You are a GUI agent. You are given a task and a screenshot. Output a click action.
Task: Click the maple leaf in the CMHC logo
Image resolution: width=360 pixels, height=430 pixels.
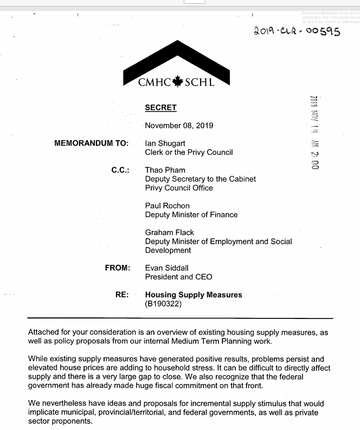pyautogui.click(x=177, y=82)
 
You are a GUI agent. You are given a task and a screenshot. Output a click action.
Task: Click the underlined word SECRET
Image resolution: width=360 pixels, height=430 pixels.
pyautogui.click(x=161, y=107)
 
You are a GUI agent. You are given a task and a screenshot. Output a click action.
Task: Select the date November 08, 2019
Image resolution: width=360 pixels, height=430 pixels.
pyautogui.click(x=179, y=126)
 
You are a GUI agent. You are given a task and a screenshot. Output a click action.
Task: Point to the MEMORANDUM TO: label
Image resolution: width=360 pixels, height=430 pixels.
pyautogui.click(x=92, y=144)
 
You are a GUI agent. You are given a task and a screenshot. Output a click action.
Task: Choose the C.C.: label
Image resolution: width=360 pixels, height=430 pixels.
pyautogui.click(x=120, y=170)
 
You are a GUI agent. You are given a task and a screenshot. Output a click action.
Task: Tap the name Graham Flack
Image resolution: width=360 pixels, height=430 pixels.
pyautogui.click(x=170, y=232)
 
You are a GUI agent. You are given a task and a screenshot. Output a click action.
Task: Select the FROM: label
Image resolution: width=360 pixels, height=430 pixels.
pyautogui.click(x=118, y=268)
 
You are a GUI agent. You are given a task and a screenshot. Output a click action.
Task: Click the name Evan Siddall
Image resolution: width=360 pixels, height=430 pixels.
pyautogui.click(x=168, y=268)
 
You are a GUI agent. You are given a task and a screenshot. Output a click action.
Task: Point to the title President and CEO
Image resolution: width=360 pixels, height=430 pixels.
pyautogui.click(x=179, y=277)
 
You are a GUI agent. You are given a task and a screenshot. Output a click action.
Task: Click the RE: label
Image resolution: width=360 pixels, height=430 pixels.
pyautogui.click(x=122, y=295)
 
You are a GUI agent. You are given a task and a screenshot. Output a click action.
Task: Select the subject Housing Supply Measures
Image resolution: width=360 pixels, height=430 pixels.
pyautogui.click(x=194, y=295)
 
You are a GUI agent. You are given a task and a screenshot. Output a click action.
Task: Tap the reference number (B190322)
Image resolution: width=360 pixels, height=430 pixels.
pyautogui.click(x=163, y=304)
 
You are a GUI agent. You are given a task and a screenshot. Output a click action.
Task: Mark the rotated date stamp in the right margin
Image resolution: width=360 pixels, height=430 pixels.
pyautogui.click(x=314, y=132)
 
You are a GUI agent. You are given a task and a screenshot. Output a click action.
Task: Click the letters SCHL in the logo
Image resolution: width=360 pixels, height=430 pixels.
pyautogui.click(x=200, y=83)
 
